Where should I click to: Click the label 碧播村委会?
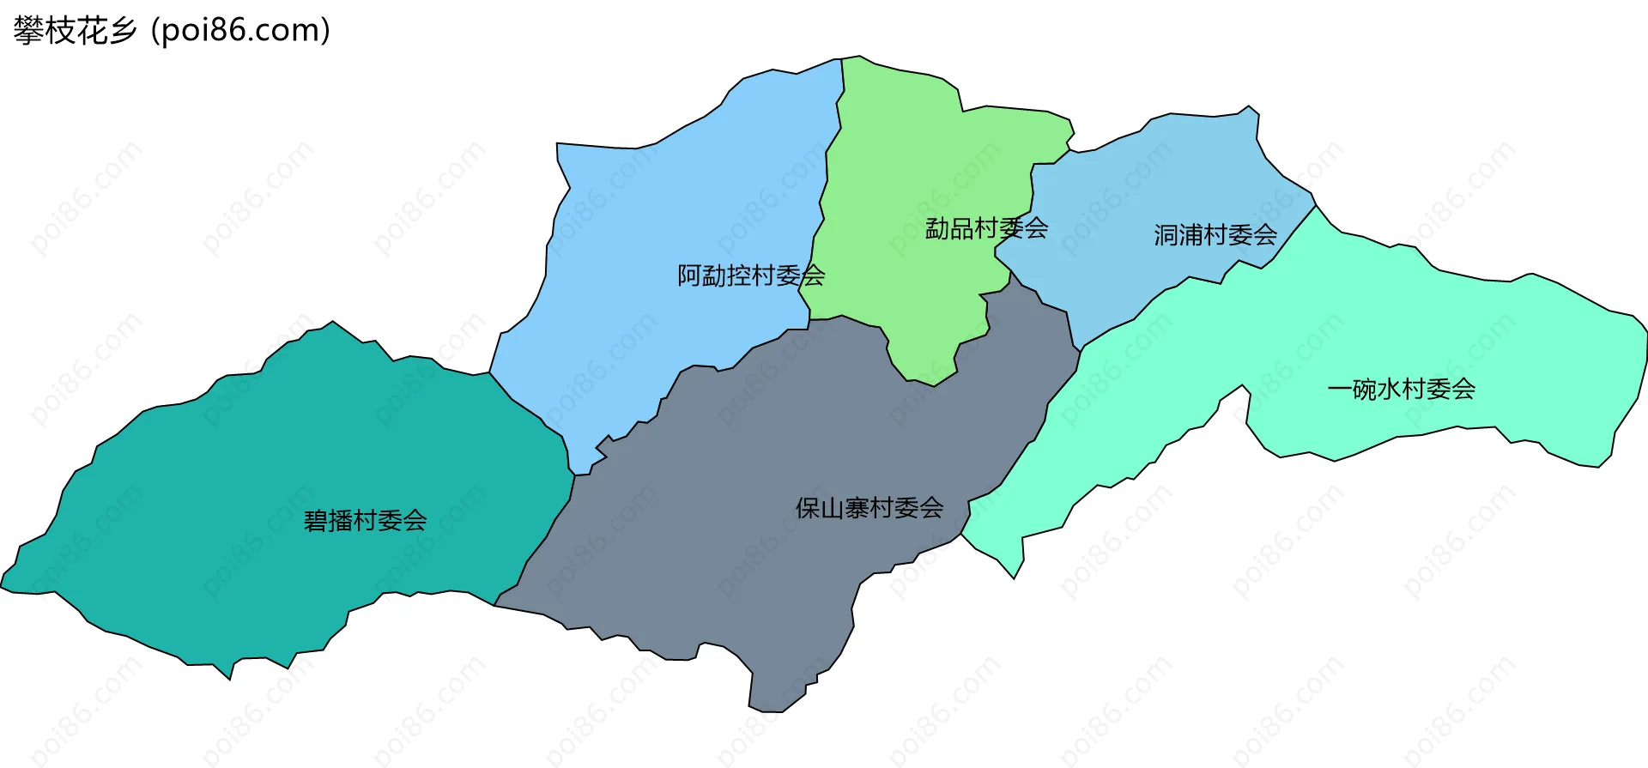365,520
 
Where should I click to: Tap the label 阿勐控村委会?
751,275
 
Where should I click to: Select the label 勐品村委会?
986,228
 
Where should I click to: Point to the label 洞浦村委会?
1215,234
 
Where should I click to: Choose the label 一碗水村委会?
1401,389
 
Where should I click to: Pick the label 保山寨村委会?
869,508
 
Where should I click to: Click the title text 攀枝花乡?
75,31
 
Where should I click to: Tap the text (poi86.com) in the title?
240,31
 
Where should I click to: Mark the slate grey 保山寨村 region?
772,584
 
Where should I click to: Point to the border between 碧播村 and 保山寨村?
549,532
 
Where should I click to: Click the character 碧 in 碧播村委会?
316,520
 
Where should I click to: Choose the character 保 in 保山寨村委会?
808,508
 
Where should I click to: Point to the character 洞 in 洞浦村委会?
1166,234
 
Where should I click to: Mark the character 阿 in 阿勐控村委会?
689,275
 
